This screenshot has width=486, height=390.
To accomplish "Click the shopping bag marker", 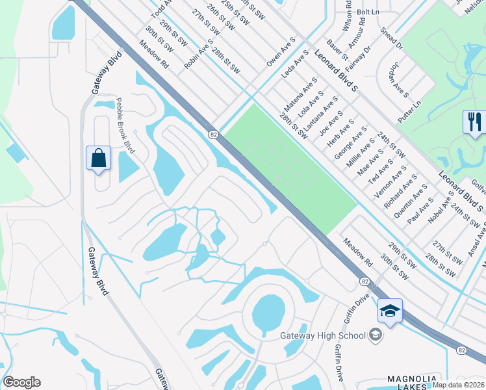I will coord(98,158).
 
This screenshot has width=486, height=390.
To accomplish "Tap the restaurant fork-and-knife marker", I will coord(474,122).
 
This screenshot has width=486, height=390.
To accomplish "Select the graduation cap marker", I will coord(390,311).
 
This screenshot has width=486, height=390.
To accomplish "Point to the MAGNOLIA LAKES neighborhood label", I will coord(415,383).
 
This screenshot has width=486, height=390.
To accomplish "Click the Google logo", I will coord(21,382).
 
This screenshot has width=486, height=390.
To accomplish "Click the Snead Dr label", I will coord(392,39).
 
